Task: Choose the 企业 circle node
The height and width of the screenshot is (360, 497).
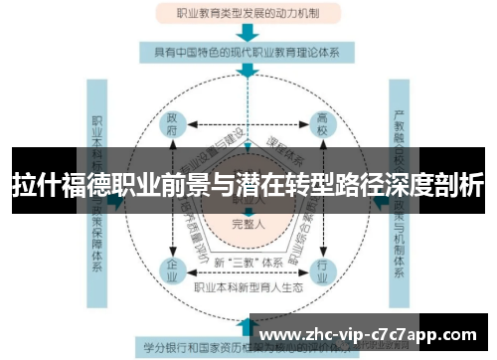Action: [x=172, y=268]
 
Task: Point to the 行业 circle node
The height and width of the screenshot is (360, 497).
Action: [x=321, y=268]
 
